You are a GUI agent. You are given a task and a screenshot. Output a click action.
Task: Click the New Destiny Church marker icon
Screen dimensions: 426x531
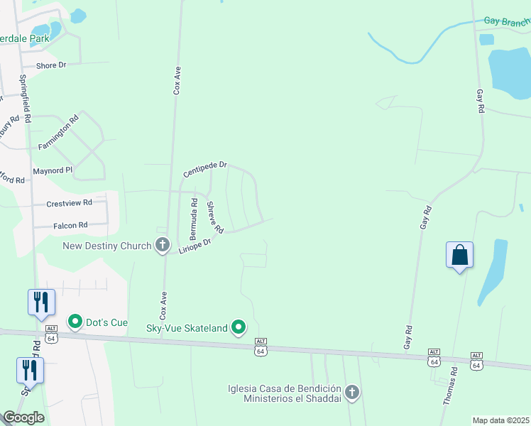point(162,246)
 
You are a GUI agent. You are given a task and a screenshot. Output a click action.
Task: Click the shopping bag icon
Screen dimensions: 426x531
point(459,256)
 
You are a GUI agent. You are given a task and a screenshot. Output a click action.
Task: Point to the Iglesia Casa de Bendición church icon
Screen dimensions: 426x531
point(351,392)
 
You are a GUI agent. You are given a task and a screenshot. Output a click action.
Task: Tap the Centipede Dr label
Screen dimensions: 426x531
point(204,169)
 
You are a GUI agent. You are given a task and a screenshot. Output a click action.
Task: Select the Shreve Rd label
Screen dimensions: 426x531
point(215,217)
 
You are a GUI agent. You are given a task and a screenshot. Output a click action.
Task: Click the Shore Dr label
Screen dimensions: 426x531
point(51,65)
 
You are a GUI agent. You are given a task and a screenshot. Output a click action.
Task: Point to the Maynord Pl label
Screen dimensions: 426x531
point(53,171)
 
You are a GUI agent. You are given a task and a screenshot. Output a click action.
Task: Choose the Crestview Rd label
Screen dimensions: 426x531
point(70,202)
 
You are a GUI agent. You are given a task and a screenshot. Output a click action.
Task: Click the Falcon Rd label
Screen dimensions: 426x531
point(70,225)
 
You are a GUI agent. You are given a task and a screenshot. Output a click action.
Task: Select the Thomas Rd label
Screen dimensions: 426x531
point(450,386)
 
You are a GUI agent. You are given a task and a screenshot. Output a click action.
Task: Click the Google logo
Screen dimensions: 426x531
point(23,417)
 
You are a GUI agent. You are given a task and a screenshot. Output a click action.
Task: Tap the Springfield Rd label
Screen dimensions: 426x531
point(26,100)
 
